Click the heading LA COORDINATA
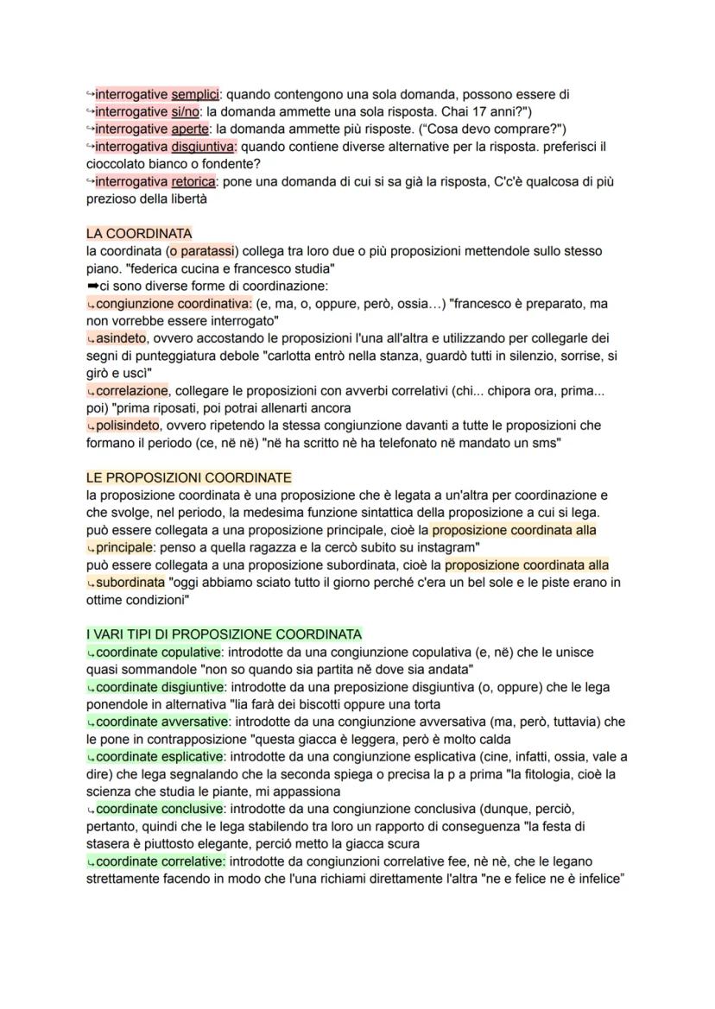click(139, 233)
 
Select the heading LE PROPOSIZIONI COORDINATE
click(189, 477)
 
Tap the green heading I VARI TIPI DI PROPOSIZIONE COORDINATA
click(224, 634)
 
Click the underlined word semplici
click(196, 94)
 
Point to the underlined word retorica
click(195, 181)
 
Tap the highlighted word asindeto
click(122, 338)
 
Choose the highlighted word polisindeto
click(131, 426)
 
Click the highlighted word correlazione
click(132, 391)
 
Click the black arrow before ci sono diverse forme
click(92, 286)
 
